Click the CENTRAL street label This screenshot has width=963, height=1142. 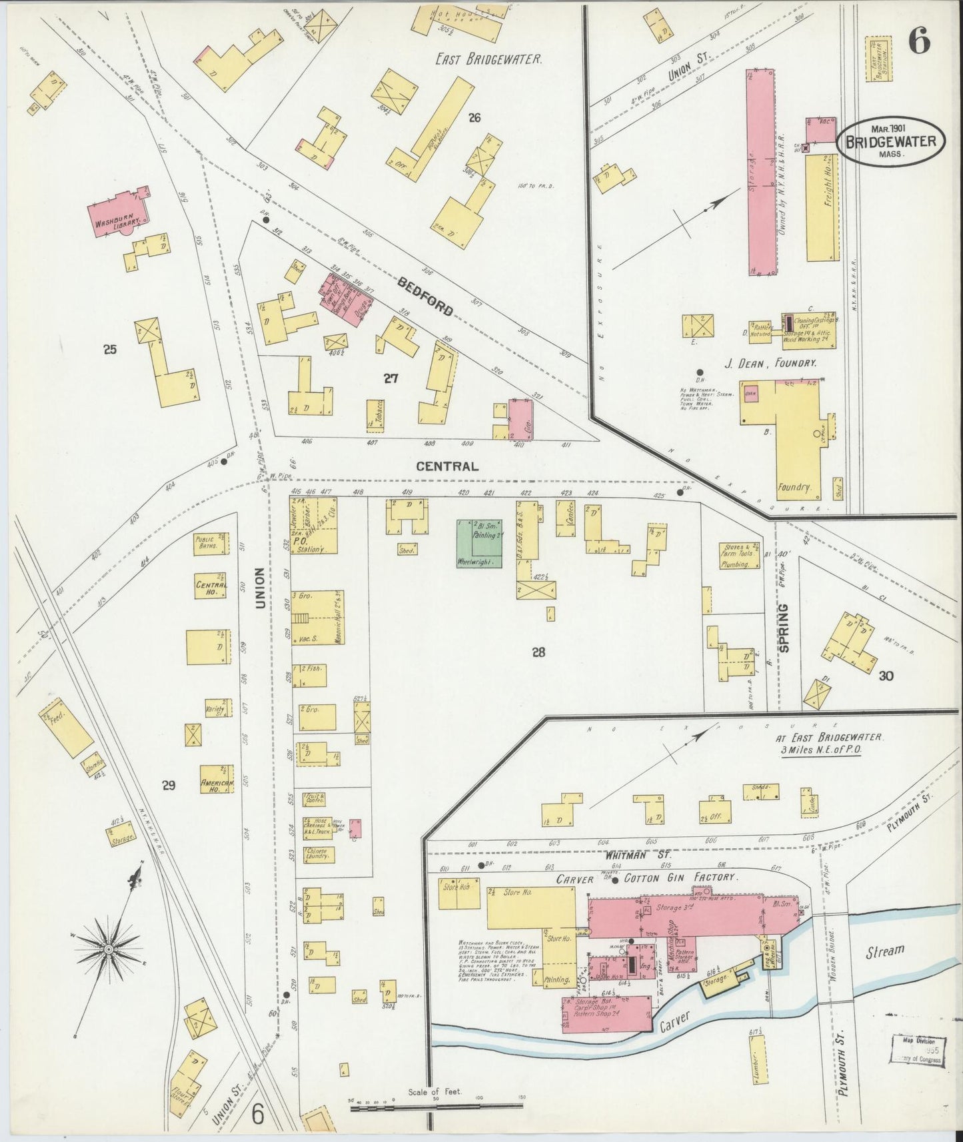coord(447,466)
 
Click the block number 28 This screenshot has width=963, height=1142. coord(538,652)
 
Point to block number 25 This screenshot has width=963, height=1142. coord(110,348)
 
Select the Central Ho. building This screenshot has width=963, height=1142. coord(211,588)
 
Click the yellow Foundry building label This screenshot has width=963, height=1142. coord(794,487)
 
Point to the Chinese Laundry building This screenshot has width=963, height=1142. coord(319,855)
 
